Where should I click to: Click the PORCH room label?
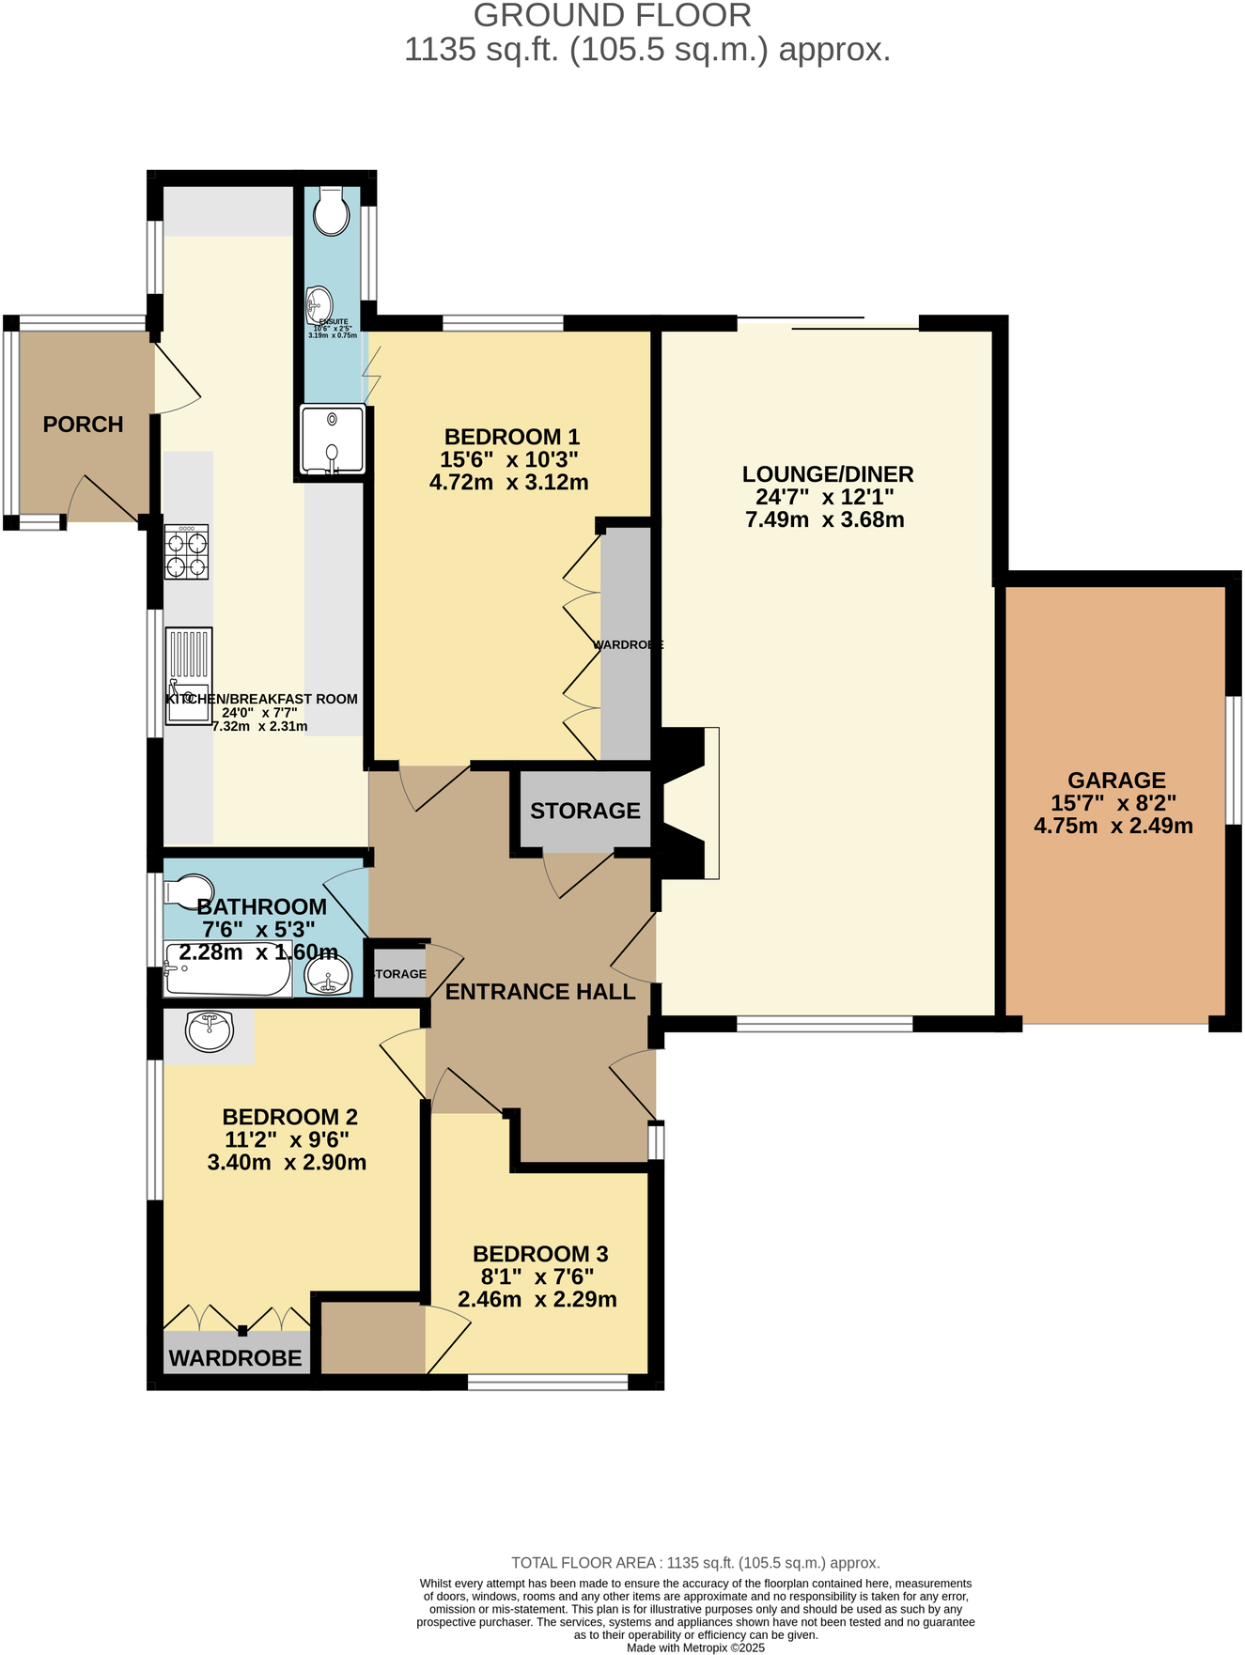83,425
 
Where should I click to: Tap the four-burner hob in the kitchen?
186,552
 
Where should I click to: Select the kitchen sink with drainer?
189,676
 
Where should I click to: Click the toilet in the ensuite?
331,211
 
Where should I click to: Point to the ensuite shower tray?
332,440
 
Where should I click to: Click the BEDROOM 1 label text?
511,437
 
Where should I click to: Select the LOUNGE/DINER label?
827,474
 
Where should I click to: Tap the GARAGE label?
1115,780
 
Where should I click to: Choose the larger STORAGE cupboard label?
584,811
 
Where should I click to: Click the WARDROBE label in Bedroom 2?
235,1358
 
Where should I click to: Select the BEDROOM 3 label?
539,1254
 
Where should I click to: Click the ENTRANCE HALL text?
539,992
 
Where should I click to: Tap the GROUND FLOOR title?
612,16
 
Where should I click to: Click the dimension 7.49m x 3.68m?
824,520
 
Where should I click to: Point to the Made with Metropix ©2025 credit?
695,1647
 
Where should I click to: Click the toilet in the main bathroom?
188,891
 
